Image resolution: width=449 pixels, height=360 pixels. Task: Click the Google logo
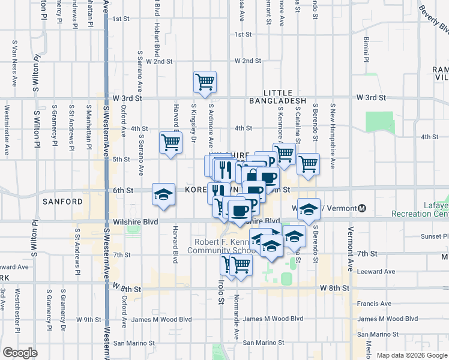(x=20, y=352)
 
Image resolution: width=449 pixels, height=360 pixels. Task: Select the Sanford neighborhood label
(x=62, y=202)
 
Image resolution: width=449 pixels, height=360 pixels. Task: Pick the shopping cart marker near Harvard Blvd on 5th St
(x=170, y=143)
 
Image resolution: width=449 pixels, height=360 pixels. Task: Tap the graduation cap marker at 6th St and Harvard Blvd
(x=163, y=194)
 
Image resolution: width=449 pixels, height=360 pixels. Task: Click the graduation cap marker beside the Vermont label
(x=309, y=209)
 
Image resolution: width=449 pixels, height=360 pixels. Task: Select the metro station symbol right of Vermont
(x=361, y=208)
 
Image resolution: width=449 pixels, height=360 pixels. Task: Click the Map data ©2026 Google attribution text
(x=412, y=355)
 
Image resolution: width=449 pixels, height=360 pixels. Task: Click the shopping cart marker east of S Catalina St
(x=308, y=163)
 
